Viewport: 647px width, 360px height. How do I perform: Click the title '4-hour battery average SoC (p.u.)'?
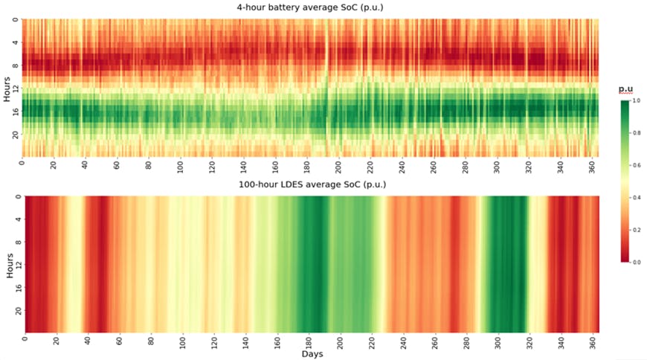310,7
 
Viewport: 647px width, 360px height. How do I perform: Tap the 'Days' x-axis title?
312,354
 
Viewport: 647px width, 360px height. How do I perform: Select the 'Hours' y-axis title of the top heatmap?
7,88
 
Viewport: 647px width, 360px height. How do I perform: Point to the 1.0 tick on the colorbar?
634,100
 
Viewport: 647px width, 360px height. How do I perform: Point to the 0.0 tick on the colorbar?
634,262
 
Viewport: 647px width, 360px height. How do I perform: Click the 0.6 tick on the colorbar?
634,165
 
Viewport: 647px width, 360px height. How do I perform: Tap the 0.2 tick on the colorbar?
634,230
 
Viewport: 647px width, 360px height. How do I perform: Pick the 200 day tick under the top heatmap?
339,166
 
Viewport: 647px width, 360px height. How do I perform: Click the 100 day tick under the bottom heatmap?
182,343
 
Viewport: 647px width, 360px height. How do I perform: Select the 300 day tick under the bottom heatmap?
498,343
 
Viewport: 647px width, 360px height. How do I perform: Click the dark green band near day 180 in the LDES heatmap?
308,264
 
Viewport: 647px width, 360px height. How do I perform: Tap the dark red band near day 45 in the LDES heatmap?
97,264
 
